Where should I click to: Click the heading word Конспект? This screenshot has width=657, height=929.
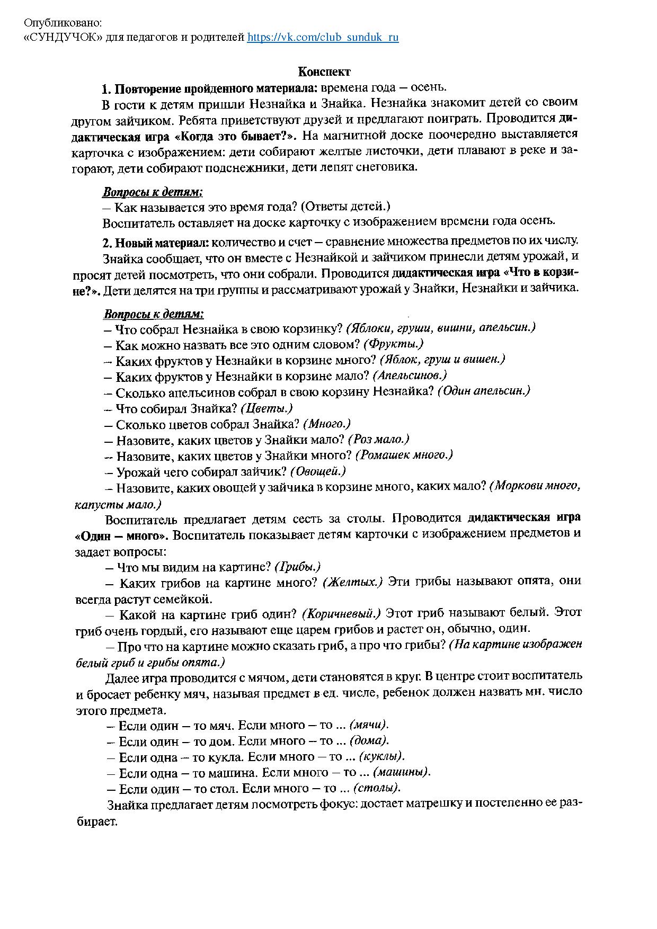(324, 72)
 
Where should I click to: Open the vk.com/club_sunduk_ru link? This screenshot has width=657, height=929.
(323, 37)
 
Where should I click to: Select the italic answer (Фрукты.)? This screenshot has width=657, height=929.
(394, 344)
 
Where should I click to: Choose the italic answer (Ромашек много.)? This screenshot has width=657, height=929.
(404, 455)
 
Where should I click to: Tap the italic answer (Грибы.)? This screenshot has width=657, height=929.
(298, 567)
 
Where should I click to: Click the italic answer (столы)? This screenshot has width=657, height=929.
(377, 788)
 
